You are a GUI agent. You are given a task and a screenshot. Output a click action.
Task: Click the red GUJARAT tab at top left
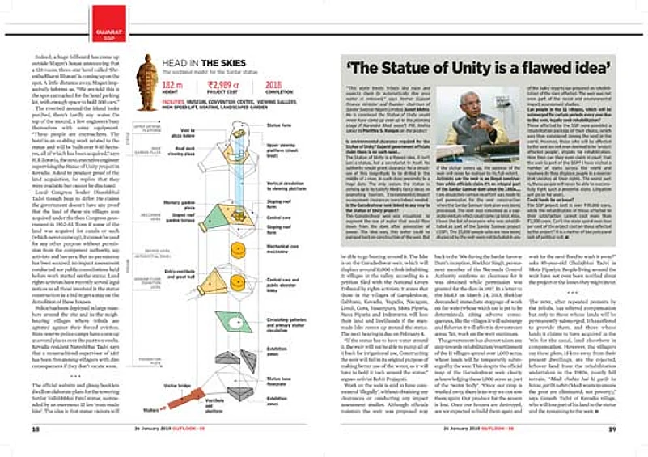pos(105,14)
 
